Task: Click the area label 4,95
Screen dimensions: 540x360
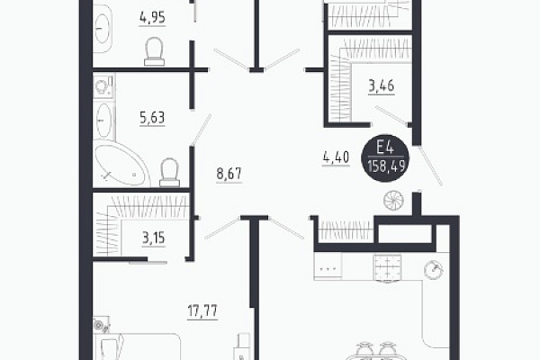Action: click(152, 17)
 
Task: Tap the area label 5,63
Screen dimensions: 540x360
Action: click(152, 118)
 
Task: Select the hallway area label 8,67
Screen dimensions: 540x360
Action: click(229, 174)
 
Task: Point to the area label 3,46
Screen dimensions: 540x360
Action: click(382, 85)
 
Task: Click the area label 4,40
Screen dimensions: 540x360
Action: click(336, 157)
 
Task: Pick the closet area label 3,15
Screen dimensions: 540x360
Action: click(154, 238)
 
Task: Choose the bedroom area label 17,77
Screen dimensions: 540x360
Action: click(202, 310)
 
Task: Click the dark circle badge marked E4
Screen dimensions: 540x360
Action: click(385, 158)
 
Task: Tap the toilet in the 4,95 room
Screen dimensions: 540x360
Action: click(154, 51)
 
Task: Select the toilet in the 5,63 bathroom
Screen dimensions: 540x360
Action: click(170, 172)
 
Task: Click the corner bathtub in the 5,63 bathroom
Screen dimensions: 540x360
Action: click(121, 163)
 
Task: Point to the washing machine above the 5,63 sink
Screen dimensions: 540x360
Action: click(103, 86)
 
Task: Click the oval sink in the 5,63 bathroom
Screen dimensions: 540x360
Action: click(103, 121)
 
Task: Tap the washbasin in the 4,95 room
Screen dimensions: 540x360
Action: click(103, 29)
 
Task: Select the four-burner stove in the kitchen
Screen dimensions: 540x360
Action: click(387, 267)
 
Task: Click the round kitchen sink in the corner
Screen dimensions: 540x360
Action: click(434, 270)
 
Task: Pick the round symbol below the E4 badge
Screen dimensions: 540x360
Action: click(393, 201)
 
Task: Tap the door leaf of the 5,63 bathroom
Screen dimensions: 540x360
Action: click(202, 130)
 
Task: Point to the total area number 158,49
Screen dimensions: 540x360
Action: click(386, 167)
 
